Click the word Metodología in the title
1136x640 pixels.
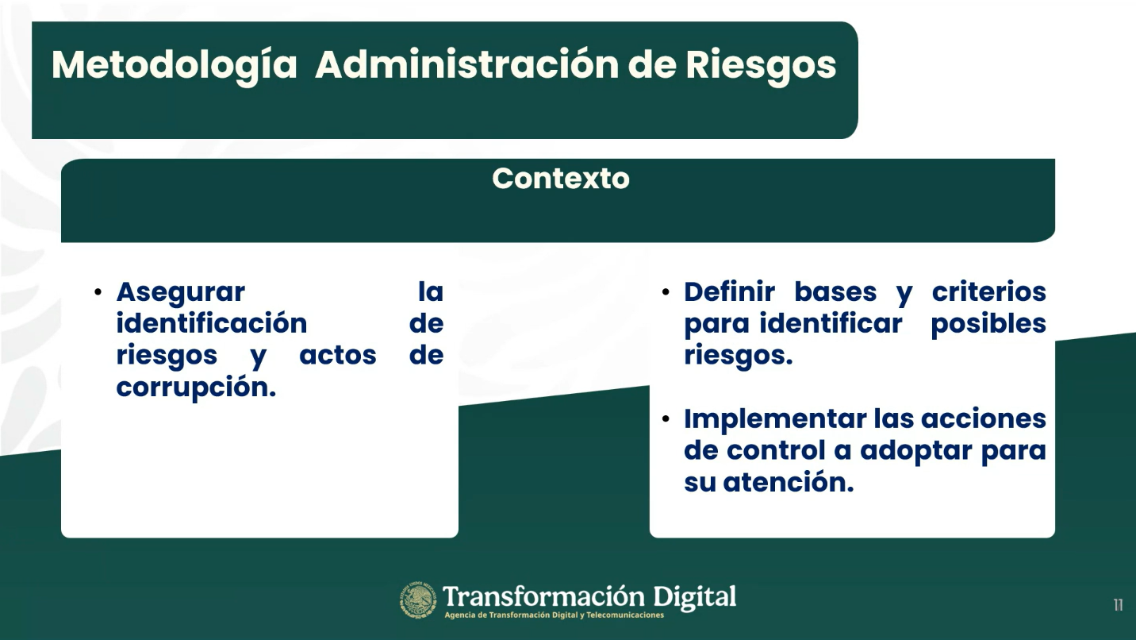pos(174,66)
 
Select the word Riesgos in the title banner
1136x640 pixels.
pos(761,66)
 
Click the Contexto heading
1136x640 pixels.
pos(560,178)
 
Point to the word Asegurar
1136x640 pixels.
pos(181,293)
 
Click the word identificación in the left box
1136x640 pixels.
pos(212,323)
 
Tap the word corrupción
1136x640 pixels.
pos(196,387)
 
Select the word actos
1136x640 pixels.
pos(338,355)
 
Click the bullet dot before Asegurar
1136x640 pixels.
pos(98,292)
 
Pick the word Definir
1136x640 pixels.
pos(729,291)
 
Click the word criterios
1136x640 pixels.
pos(989,291)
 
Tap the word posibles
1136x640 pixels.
pos(988,324)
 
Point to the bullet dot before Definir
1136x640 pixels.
pos(666,292)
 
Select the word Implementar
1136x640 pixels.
pos(775,420)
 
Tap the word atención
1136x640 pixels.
pos(789,482)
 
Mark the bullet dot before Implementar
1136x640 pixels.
pos(666,418)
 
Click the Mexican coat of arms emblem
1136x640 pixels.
pos(418,600)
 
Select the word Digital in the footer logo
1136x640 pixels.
pos(694,597)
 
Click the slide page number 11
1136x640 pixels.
pos(1119,604)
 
